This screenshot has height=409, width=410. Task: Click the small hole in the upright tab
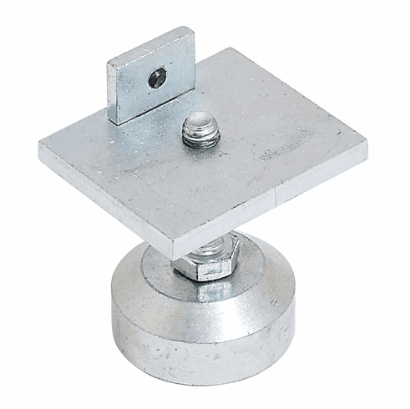[156, 79]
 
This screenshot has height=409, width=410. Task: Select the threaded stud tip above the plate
[200, 131]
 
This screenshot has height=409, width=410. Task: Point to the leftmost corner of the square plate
[39, 149]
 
